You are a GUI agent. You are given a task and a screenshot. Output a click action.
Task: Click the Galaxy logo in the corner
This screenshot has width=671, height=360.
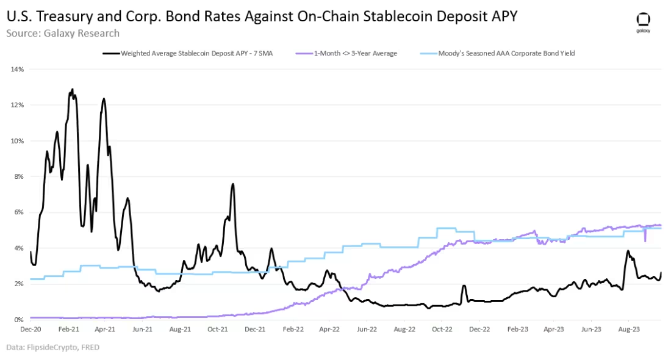(643, 21)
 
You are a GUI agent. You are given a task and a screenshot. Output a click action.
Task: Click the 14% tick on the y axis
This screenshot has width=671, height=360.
(17, 69)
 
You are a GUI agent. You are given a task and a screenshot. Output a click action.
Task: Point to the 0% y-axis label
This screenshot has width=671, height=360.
(18, 320)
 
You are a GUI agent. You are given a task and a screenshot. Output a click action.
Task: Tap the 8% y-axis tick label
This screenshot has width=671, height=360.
(18, 176)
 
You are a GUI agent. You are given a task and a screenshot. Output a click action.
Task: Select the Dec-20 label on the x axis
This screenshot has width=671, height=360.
(30, 329)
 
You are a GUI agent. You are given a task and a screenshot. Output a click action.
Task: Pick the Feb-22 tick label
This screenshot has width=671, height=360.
(293, 329)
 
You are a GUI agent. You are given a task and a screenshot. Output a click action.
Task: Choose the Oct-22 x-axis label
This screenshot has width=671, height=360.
(442, 329)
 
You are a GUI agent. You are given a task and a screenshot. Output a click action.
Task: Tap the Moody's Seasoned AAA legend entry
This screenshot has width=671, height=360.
(506, 54)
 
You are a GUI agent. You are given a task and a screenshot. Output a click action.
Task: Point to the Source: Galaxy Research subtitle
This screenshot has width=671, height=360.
(63, 33)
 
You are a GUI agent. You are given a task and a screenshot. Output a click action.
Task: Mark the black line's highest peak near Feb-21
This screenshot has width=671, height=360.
(73, 89)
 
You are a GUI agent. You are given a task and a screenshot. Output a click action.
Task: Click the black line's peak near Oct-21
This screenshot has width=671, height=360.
(233, 184)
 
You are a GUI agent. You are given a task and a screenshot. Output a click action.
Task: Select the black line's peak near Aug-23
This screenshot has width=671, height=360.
(628, 251)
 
